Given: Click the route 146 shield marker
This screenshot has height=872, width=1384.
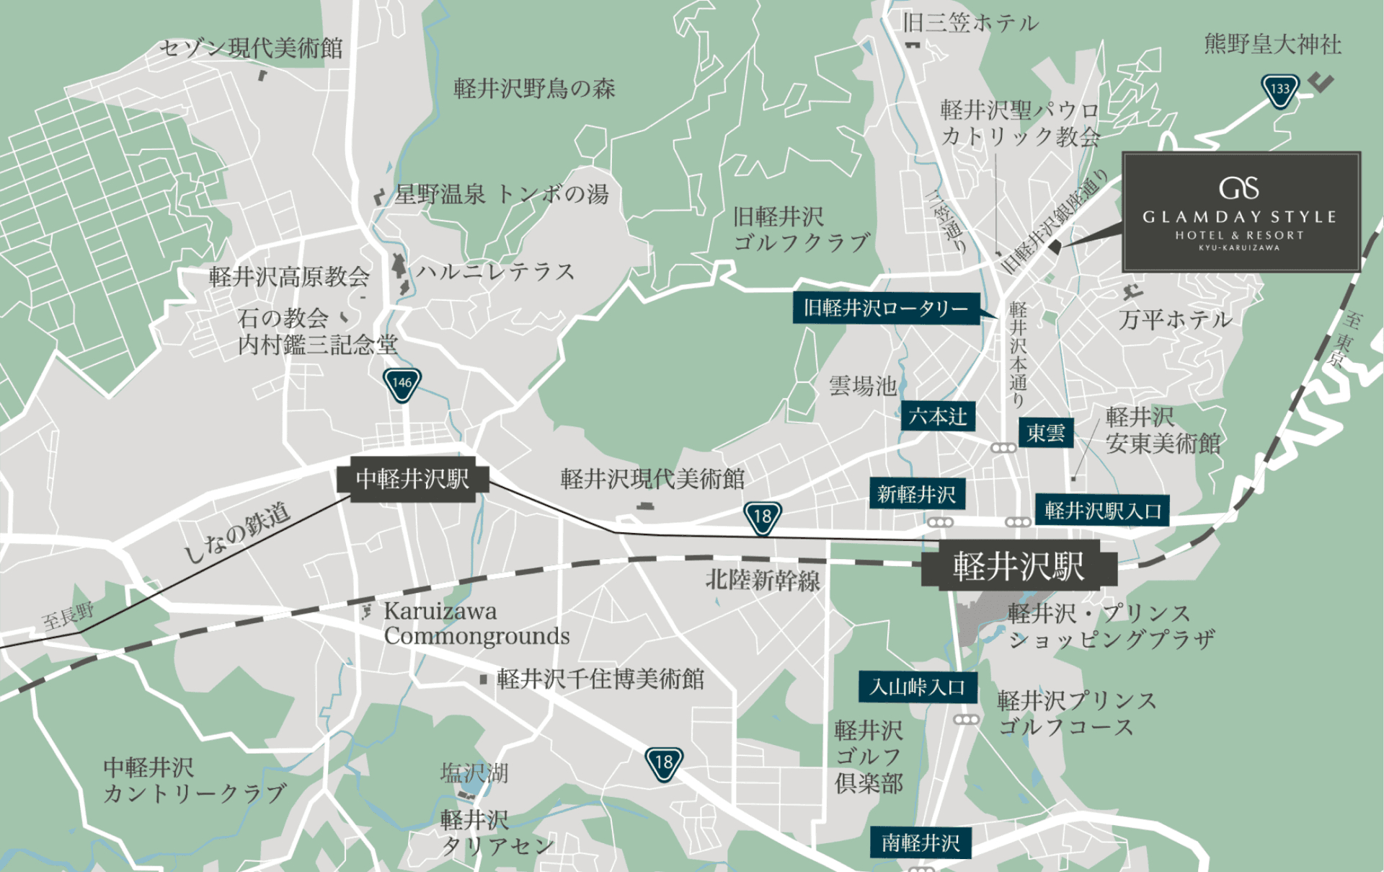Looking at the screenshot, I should [x=402, y=384].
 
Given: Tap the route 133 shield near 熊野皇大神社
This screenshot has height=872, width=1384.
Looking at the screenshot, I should [x=1279, y=90].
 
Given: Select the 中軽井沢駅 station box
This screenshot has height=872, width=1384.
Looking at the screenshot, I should [x=412, y=479].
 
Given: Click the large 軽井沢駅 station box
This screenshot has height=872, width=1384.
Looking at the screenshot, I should [x=1019, y=566].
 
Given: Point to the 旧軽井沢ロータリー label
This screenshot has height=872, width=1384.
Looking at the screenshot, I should [x=886, y=309].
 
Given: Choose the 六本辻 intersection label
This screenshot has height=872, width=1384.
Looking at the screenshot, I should [x=937, y=416].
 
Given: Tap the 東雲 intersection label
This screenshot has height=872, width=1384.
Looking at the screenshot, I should [x=1045, y=433].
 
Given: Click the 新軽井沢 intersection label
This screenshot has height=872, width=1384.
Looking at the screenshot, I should [x=916, y=494].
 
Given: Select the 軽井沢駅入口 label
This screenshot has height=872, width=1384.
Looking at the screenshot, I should [x=1102, y=511].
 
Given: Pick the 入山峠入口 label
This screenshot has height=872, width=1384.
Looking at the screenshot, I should [x=917, y=687].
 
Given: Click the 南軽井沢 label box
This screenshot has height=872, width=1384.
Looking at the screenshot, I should [x=921, y=842].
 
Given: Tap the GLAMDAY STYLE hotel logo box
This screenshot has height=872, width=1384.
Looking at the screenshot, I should [x=1241, y=212].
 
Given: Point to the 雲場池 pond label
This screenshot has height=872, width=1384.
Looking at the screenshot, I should [x=862, y=387].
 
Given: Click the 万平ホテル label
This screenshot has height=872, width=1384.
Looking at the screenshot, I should [x=1175, y=320].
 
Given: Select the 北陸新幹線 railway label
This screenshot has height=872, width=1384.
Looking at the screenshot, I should [x=763, y=581].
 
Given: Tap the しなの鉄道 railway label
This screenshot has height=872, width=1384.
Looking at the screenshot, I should [x=237, y=532].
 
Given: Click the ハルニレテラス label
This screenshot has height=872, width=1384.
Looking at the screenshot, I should [x=496, y=272].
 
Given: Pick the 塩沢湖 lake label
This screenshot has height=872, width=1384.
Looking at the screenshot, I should [x=474, y=773].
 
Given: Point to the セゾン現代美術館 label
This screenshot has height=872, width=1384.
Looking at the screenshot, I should [x=250, y=48].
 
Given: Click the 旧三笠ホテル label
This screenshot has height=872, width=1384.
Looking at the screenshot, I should [x=970, y=23].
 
